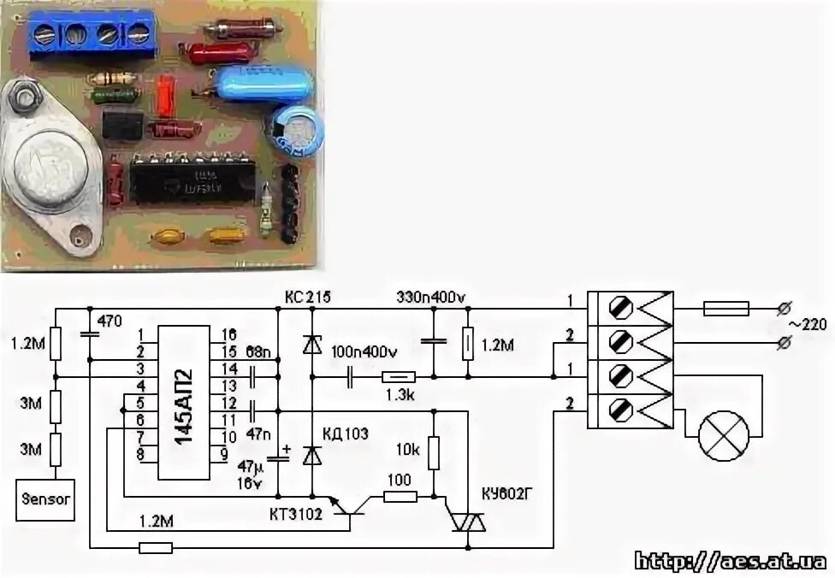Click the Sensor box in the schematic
click(45, 498)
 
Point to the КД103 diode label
click(345, 433)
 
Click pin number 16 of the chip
click(229, 334)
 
